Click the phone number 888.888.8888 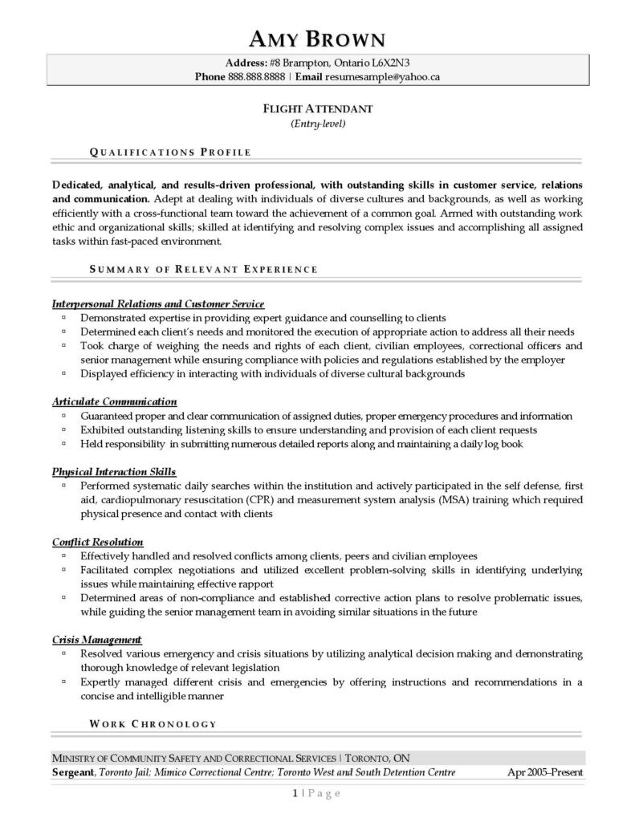pyautogui.click(x=256, y=77)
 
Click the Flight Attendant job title pyautogui.click(x=317, y=108)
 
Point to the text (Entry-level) pyautogui.click(x=317, y=124)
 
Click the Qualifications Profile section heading pyautogui.click(x=170, y=152)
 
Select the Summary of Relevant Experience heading pyautogui.click(x=203, y=270)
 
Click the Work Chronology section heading pyautogui.click(x=153, y=724)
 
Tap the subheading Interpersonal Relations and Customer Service pyautogui.click(x=158, y=304)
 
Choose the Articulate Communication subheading pyautogui.click(x=115, y=401)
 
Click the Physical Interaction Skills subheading pyautogui.click(x=114, y=472)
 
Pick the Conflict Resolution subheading pyautogui.click(x=98, y=542)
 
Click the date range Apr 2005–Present pyautogui.click(x=546, y=772)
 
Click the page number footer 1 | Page pyautogui.click(x=317, y=793)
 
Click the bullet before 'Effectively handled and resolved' pyautogui.click(x=63, y=555)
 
